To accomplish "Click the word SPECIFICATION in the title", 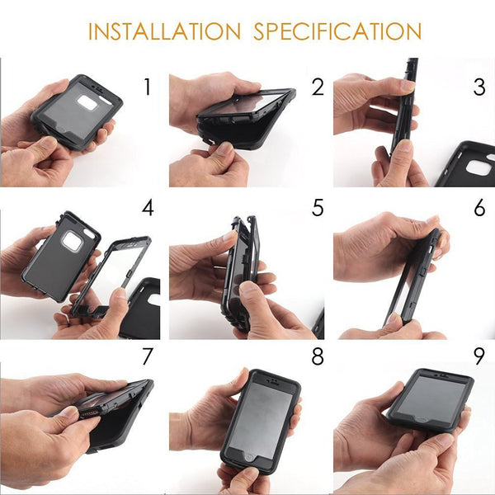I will coord(338,31).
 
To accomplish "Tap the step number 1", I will coord(147,87).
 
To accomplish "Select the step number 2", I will coord(317,87).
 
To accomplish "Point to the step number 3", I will coord(479,87).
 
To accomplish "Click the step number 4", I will coord(147,208).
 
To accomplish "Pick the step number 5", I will coord(317,208).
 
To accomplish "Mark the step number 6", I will coord(479,208).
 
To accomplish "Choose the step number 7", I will coord(147,357).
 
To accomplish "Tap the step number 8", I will coord(317,357).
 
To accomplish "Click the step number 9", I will coord(479,357).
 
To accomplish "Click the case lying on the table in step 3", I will coord(466,165).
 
